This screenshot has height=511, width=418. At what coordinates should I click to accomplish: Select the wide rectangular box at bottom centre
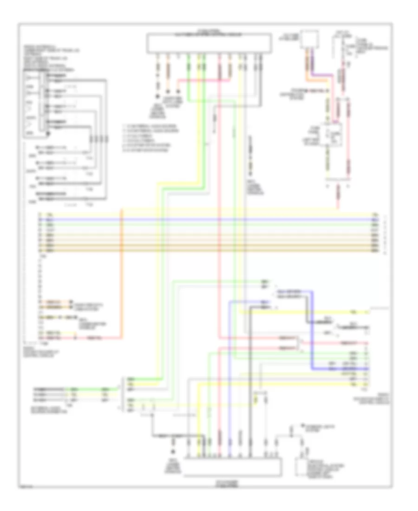(x=232, y=466)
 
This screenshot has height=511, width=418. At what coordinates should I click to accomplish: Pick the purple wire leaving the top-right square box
(x=313, y=65)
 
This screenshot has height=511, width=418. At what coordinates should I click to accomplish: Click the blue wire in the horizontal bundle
(x=209, y=219)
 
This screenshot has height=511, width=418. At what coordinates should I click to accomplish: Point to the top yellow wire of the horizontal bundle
(x=209, y=214)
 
